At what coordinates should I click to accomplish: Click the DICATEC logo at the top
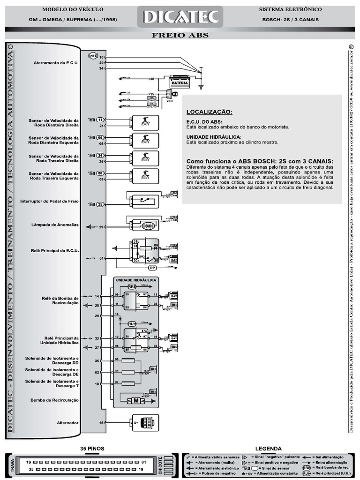(x=180, y=17)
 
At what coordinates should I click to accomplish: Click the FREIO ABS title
(x=180, y=35)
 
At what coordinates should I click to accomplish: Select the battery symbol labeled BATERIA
(x=180, y=83)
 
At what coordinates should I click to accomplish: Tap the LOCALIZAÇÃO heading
(x=209, y=112)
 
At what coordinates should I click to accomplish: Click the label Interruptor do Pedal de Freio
(x=49, y=202)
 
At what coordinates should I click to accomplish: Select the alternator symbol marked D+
(x=143, y=422)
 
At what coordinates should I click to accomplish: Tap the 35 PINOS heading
(x=92, y=448)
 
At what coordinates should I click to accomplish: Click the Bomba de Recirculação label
(x=54, y=400)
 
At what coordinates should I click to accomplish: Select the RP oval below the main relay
(x=152, y=268)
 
